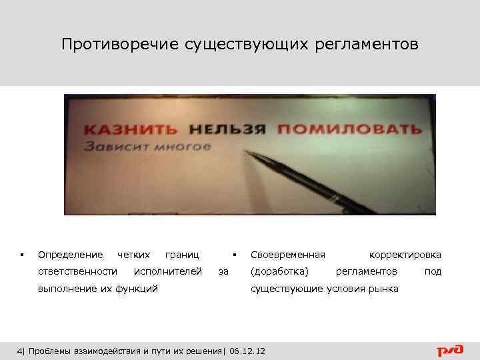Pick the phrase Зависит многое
(x=146, y=146)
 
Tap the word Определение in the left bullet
(x=70, y=255)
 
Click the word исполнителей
(x=168, y=271)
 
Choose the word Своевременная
(x=287, y=255)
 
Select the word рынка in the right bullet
(x=385, y=289)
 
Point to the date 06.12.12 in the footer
(x=247, y=351)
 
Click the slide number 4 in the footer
(x=19, y=351)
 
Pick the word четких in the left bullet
(x=133, y=255)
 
